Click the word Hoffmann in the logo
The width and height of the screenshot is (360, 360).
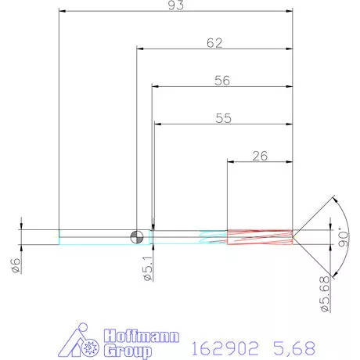pyautogui.click(x=142, y=334)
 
